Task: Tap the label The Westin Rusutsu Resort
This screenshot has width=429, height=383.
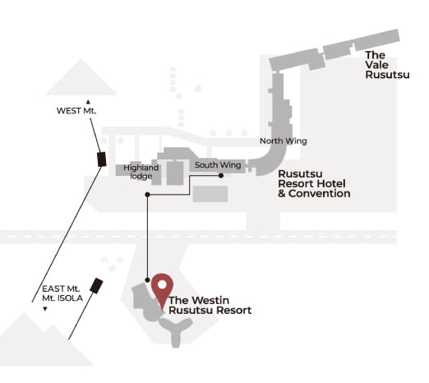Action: pyautogui.click(x=210, y=305)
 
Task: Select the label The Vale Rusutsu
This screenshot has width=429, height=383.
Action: pyautogui.click(x=387, y=65)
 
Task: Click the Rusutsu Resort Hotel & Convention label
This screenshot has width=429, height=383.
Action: pyautogui.click(x=314, y=183)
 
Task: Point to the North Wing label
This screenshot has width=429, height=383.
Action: pyautogui.click(x=284, y=141)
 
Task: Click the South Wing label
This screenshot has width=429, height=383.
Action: pyautogui.click(x=218, y=165)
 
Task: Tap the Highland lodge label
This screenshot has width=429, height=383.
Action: pyautogui.click(x=141, y=172)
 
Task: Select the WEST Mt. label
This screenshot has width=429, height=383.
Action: pyautogui.click(x=76, y=111)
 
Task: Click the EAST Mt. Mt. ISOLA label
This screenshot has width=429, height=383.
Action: pyautogui.click(x=62, y=293)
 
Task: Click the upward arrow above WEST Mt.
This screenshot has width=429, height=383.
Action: pyautogui.click(x=88, y=102)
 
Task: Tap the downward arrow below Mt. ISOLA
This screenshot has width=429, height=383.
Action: pyautogui.click(x=45, y=309)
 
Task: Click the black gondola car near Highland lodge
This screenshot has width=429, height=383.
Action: pyautogui.click(x=102, y=159)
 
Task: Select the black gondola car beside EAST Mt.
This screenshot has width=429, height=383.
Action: pyautogui.click(x=96, y=286)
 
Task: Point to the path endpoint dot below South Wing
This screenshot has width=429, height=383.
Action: pyautogui.click(x=221, y=176)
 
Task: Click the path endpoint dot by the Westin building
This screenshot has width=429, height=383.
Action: pyautogui.click(x=147, y=280)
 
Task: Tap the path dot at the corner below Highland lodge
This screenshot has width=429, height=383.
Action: pyautogui.click(x=147, y=195)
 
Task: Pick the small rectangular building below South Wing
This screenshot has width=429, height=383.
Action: pyautogui.click(x=210, y=194)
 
